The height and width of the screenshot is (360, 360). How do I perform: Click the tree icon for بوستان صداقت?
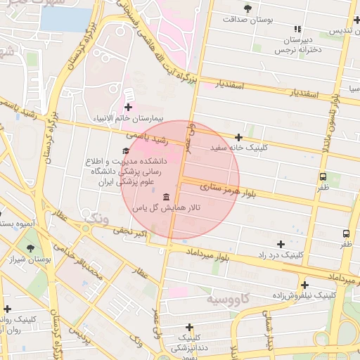(247, 8)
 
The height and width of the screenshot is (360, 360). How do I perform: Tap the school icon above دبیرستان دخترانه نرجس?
(297, 29)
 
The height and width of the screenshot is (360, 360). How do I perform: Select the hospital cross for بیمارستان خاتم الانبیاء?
(128, 107)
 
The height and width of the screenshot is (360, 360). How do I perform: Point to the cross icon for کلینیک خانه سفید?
(239, 137)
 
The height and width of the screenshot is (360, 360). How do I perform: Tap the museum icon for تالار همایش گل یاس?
(166, 196)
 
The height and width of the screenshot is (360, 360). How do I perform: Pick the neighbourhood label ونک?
(96, 219)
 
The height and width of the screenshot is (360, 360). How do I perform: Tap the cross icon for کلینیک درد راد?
(282, 243)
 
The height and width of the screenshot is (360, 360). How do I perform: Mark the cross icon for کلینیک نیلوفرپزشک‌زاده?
(304, 285)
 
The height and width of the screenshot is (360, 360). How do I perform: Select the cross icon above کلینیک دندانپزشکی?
(189, 327)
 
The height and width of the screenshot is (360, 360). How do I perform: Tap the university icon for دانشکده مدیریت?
(126, 150)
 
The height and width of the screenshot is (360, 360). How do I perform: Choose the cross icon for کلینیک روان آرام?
(7, 308)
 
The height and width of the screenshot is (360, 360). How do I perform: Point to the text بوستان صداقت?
(247, 20)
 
